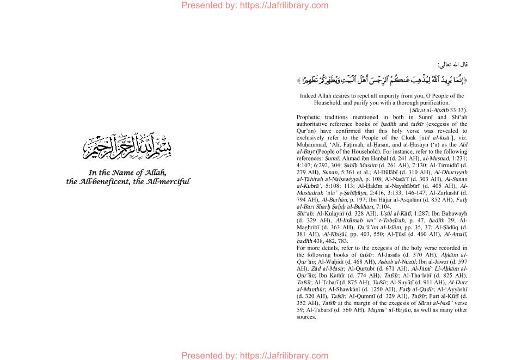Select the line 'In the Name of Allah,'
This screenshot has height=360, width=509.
point(128,173)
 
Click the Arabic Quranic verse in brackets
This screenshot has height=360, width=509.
point(382,80)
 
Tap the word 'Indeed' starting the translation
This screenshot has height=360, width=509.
point(309,96)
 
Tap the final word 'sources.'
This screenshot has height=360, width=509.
point(306,317)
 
